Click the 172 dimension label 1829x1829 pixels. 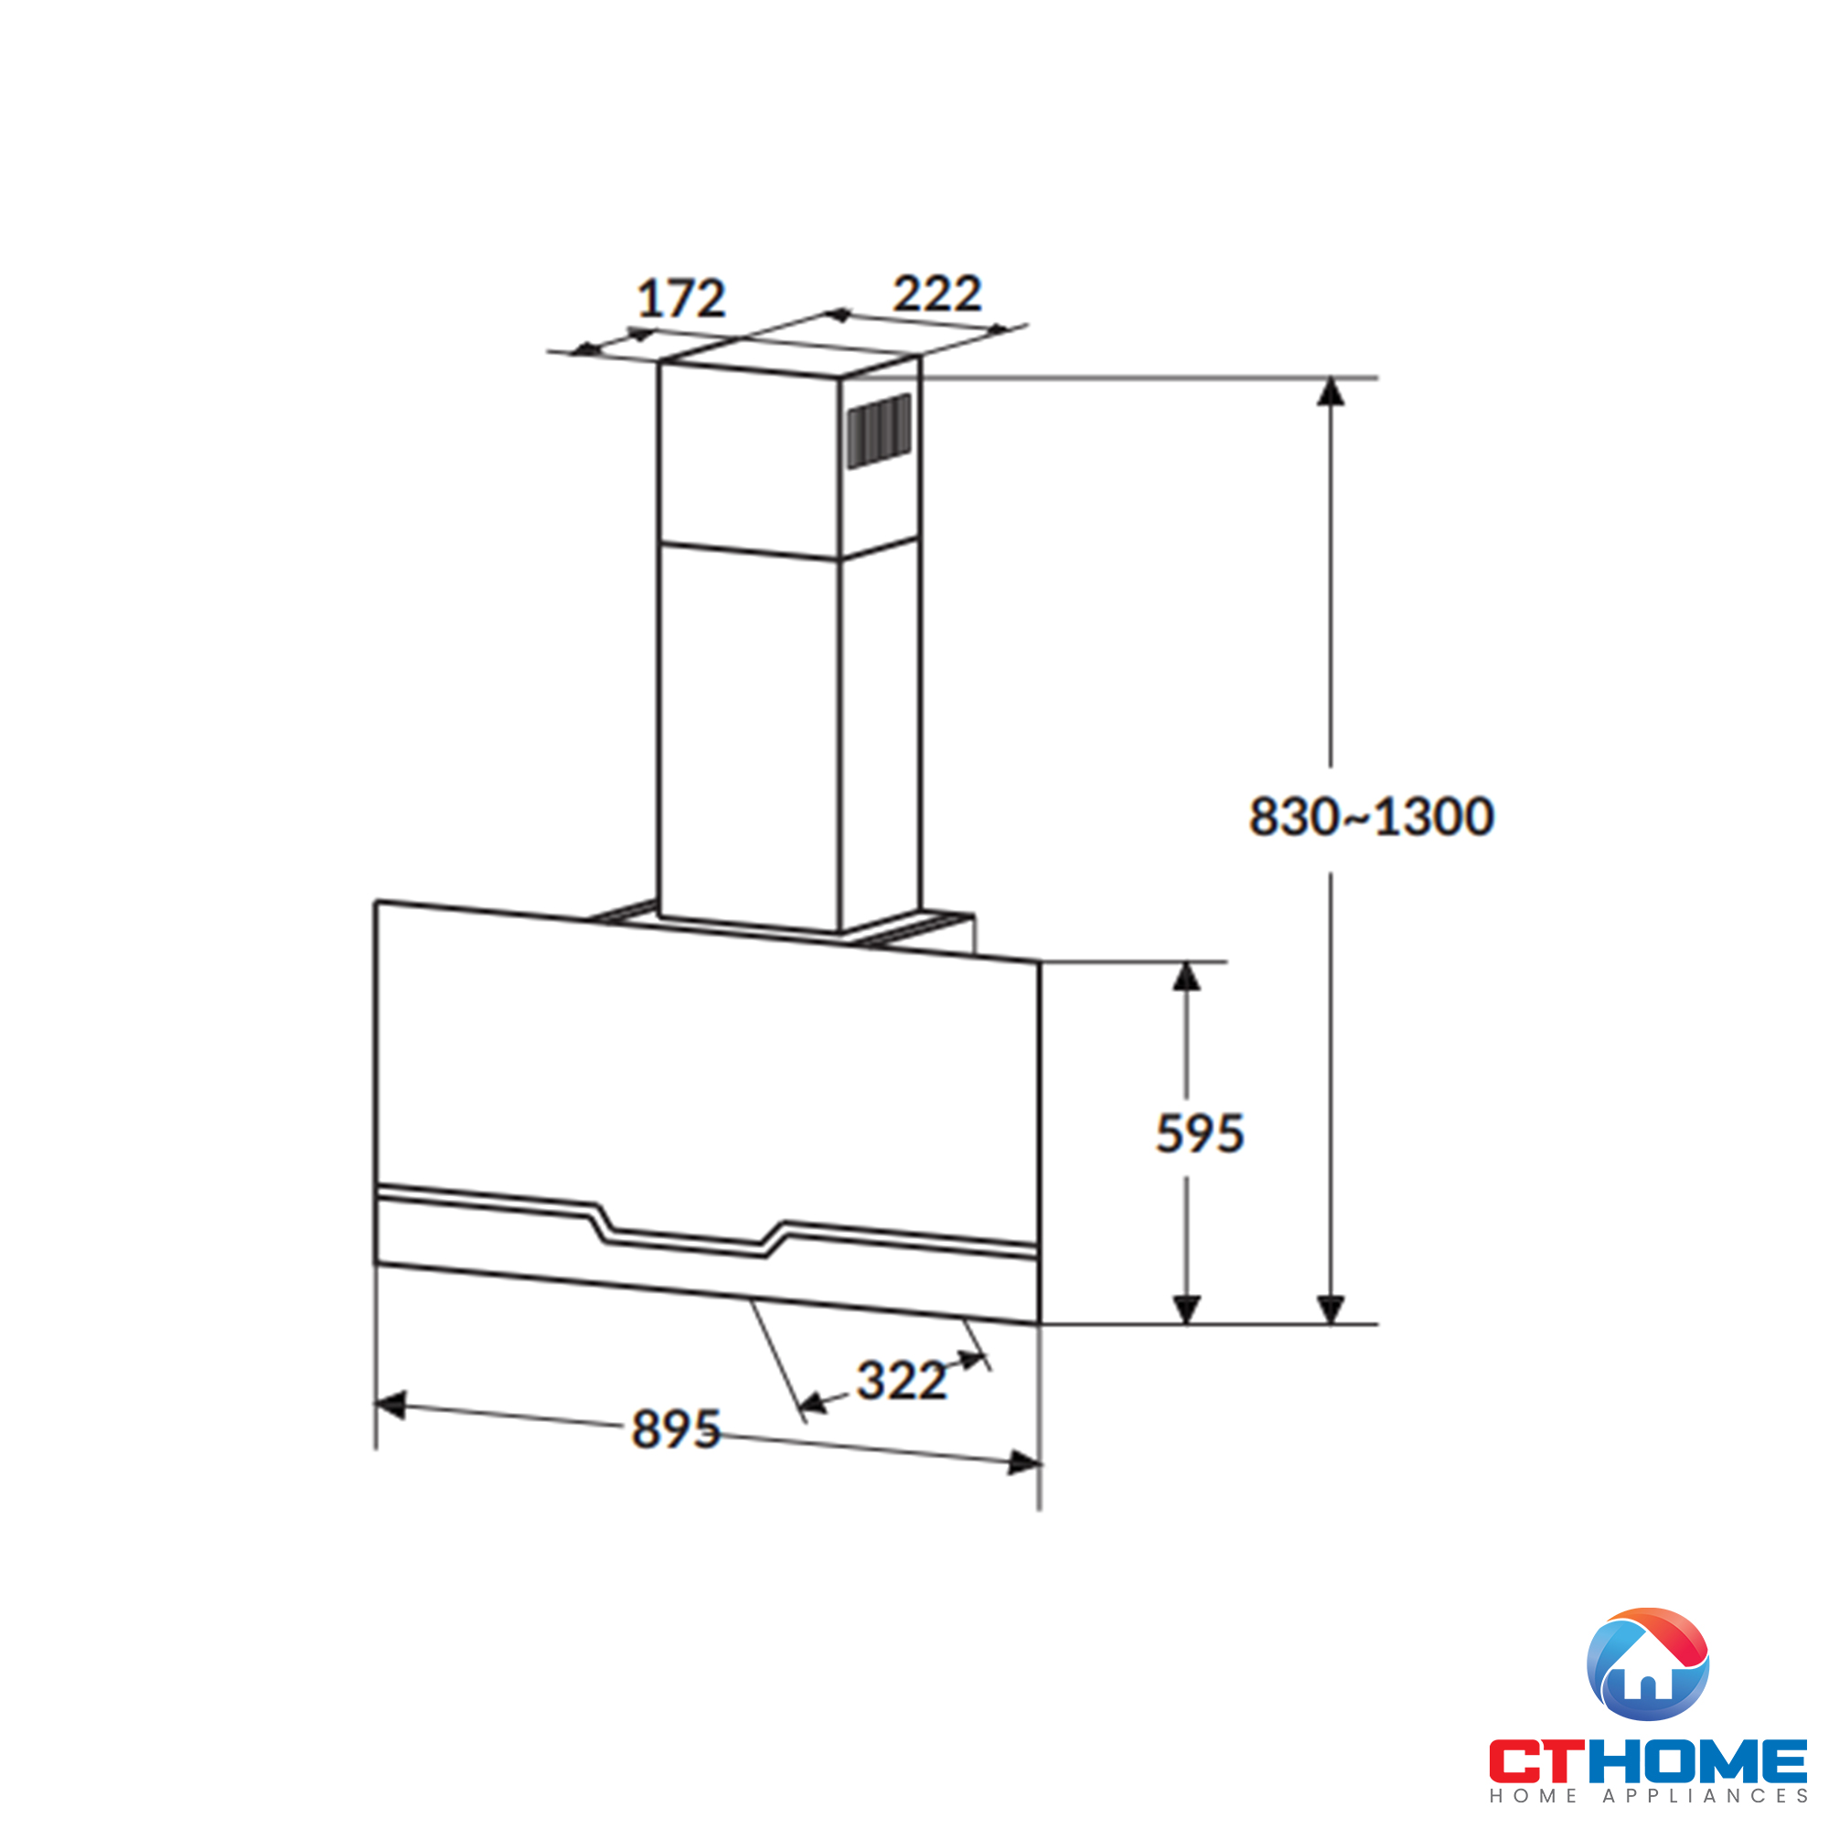point(680,298)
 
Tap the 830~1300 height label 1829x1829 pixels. point(1372,816)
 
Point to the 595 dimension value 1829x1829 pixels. point(1200,1133)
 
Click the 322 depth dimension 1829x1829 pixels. point(902,1380)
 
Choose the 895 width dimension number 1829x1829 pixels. point(676,1428)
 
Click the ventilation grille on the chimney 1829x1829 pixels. point(880,431)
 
